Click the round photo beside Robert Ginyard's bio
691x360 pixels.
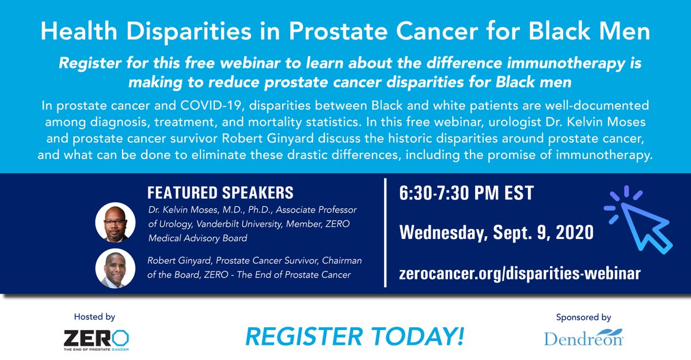[x=116, y=269]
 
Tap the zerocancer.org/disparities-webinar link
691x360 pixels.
[x=519, y=274]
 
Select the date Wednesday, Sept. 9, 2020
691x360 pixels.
[x=496, y=233]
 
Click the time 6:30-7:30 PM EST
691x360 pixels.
[x=466, y=193]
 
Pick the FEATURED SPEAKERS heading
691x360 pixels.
[x=221, y=192]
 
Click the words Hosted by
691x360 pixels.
[x=94, y=317]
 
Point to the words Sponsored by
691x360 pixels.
[x=583, y=317]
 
